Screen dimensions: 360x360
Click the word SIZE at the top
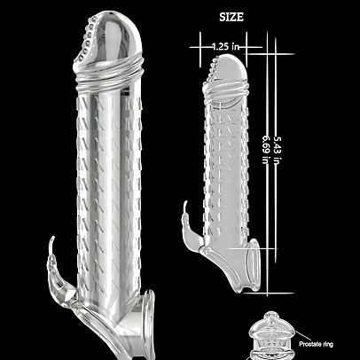pos(231,17)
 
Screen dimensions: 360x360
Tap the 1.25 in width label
pos(225,47)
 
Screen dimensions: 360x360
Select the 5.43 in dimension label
pos(278,150)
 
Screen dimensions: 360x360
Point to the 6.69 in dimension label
pos(266,150)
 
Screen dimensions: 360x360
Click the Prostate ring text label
pos(316,344)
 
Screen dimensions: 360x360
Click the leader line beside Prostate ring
pos(303,336)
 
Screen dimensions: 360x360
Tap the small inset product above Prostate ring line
pos(271,335)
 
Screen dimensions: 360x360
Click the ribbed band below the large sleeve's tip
pos(108,74)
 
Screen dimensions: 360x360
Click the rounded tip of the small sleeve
pos(229,69)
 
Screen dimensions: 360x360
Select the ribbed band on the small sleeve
pos(225,91)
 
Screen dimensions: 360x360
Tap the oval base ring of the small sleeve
pos(254,265)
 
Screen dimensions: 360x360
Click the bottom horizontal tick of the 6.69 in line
pos(269,293)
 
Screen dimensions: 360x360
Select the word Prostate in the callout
pos(309,344)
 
